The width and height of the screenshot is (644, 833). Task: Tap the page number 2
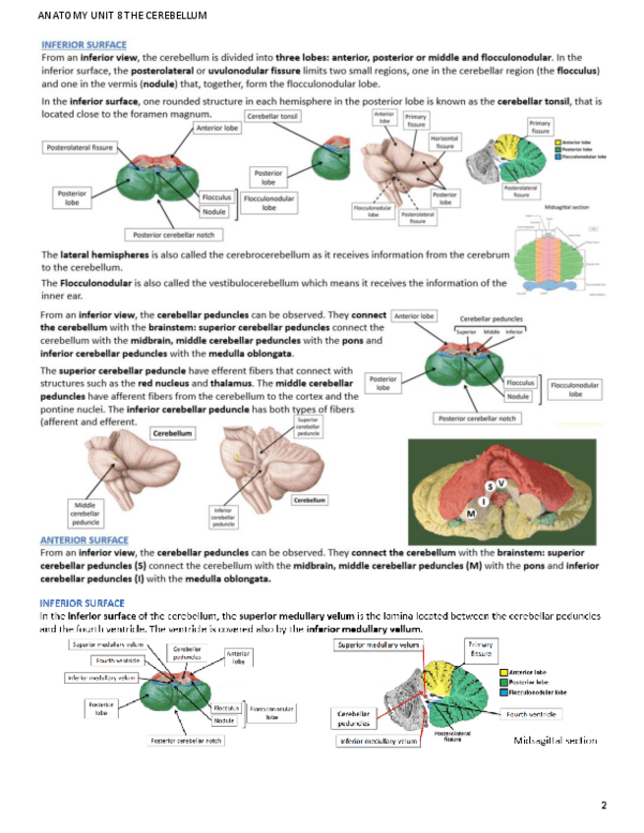(604, 805)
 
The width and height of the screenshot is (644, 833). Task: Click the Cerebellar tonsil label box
(273, 116)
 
